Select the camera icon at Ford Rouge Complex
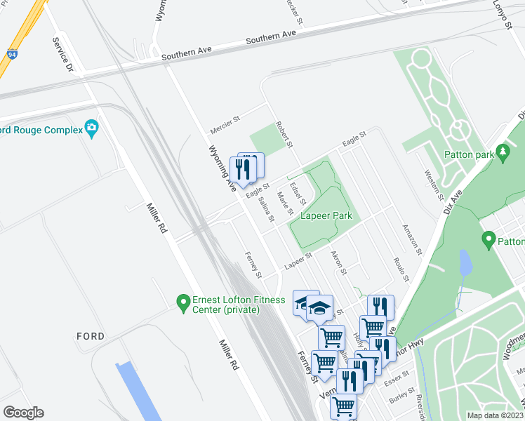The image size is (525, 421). [x=91, y=129]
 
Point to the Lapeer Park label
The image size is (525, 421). [x=326, y=216]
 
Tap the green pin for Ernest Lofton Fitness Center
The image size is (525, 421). [x=183, y=302]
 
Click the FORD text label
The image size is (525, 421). [x=91, y=336]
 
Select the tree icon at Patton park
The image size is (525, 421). [x=503, y=152]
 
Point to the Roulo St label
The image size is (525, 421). [x=400, y=268]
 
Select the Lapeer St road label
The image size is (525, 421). [x=297, y=260]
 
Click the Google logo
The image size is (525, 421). [x=23, y=413]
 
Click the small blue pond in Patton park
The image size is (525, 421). [x=464, y=263]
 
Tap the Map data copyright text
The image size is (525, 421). [x=496, y=415]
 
